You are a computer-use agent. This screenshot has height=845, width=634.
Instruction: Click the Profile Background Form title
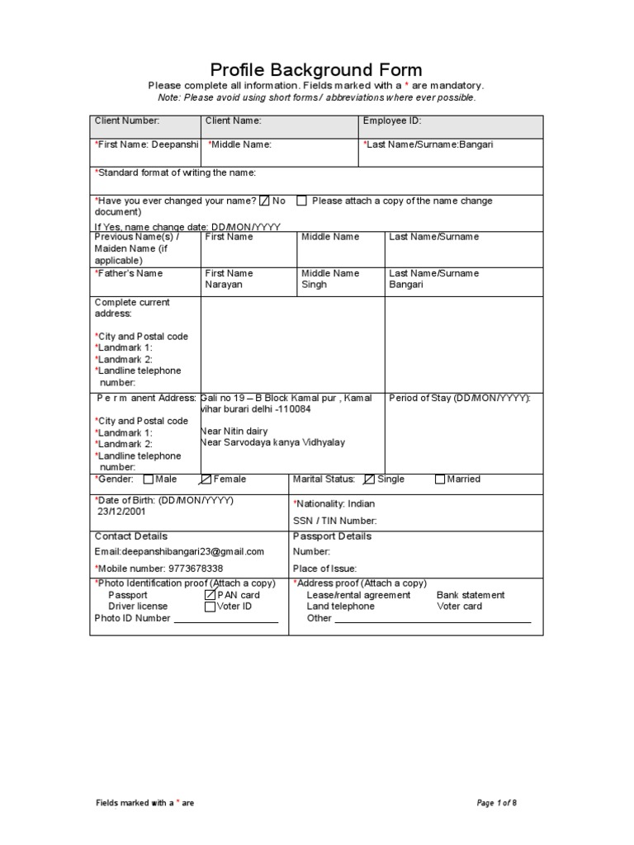pyautogui.click(x=316, y=69)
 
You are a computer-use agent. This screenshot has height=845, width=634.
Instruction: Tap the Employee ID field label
pyautogui.click(x=392, y=120)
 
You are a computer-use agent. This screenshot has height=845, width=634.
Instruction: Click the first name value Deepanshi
pyautogui.click(x=177, y=144)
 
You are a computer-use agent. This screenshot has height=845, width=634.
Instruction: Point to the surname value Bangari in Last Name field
pyautogui.click(x=476, y=144)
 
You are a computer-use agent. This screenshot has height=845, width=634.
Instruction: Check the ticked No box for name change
pyautogui.click(x=264, y=201)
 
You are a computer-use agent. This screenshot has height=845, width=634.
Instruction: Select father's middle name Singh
pyautogui.click(x=314, y=285)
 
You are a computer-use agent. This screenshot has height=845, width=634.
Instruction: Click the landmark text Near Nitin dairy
pyautogui.click(x=234, y=431)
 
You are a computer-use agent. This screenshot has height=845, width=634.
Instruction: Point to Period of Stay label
pyautogui.click(x=460, y=398)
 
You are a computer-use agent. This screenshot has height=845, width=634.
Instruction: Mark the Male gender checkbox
pyautogui.click(x=148, y=479)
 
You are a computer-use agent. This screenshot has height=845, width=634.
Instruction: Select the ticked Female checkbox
pyautogui.click(x=206, y=479)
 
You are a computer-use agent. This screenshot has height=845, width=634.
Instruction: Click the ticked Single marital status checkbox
pyautogui.click(x=369, y=479)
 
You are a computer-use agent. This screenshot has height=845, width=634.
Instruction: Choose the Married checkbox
pyautogui.click(x=439, y=479)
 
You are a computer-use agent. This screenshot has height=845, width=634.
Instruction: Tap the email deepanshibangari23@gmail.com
pyautogui.click(x=179, y=552)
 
